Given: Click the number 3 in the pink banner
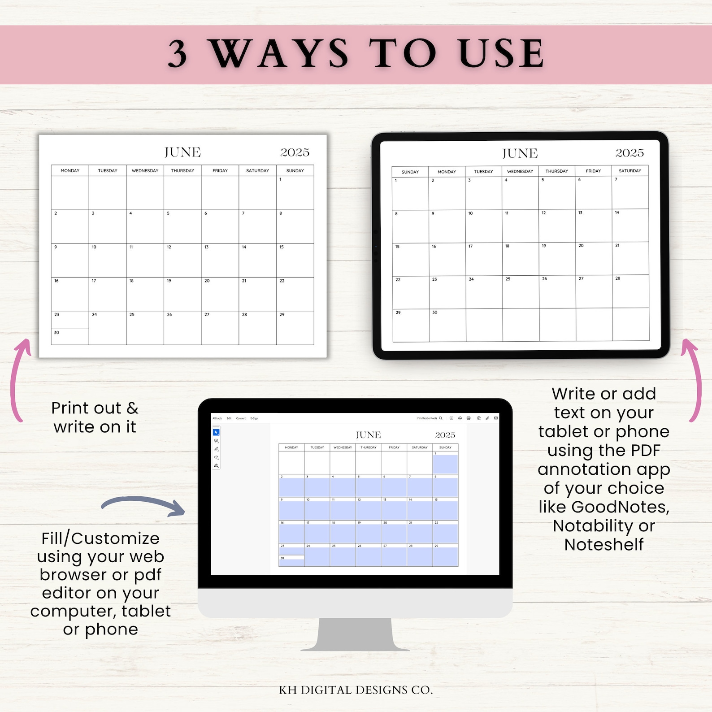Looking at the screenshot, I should [x=178, y=54].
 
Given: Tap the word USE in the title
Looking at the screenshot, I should [x=501, y=54].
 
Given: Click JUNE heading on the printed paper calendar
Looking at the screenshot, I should [x=182, y=152].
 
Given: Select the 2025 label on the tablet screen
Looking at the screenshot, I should [x=629, y=153].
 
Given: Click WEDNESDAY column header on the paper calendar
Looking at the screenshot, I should [x=145, y=171].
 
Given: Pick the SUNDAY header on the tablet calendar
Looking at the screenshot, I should [x=410, y=172].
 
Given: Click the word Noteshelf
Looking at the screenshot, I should [x=603, y=545].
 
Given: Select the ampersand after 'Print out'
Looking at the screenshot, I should [x=132, y=408].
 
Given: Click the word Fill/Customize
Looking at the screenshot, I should [x=100, y=538].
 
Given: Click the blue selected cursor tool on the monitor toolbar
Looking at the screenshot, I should [x=216, y=433].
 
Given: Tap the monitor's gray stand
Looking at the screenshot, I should [x=355, y=634].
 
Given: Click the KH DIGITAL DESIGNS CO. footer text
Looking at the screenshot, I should [x=356, y=690].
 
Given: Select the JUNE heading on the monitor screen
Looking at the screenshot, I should [x=368, y=435].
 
